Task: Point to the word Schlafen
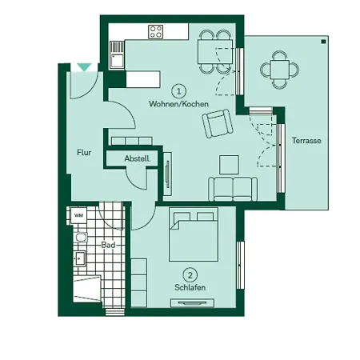coord(190,287)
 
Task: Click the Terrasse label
coord(306,141)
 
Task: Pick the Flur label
coord(83,152)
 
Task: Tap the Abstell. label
coord(137,159)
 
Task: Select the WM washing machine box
coord(78,215)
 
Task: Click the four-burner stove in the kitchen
coord(156,33)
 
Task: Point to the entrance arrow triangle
coord(84,68)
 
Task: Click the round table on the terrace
coord(279,69)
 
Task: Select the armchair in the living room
coord(216,124)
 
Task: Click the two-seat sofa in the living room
coord(232,189)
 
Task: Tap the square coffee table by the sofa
coord(229,163)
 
